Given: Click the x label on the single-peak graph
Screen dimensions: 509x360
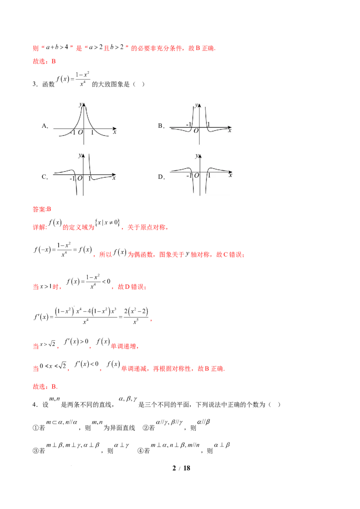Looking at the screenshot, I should coord(115,132).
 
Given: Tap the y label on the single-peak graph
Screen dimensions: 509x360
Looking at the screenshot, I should coord(80,105).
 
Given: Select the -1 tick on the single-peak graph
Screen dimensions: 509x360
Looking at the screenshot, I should coord(73,132).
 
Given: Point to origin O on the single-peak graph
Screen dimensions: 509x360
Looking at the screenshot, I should coord(81,132).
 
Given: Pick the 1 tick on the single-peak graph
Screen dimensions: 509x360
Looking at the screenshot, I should coord(92,132).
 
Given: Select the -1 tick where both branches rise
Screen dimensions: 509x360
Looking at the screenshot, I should coord(189,124).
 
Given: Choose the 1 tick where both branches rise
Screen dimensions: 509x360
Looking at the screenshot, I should coord(208,124).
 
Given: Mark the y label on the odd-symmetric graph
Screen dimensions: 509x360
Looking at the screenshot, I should coord(80,155).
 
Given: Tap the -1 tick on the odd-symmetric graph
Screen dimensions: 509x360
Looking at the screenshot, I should coord(72,179).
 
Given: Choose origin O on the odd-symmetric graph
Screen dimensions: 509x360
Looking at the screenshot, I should coord(80,179).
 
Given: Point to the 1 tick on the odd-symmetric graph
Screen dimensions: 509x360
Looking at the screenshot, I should coord(89,179).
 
